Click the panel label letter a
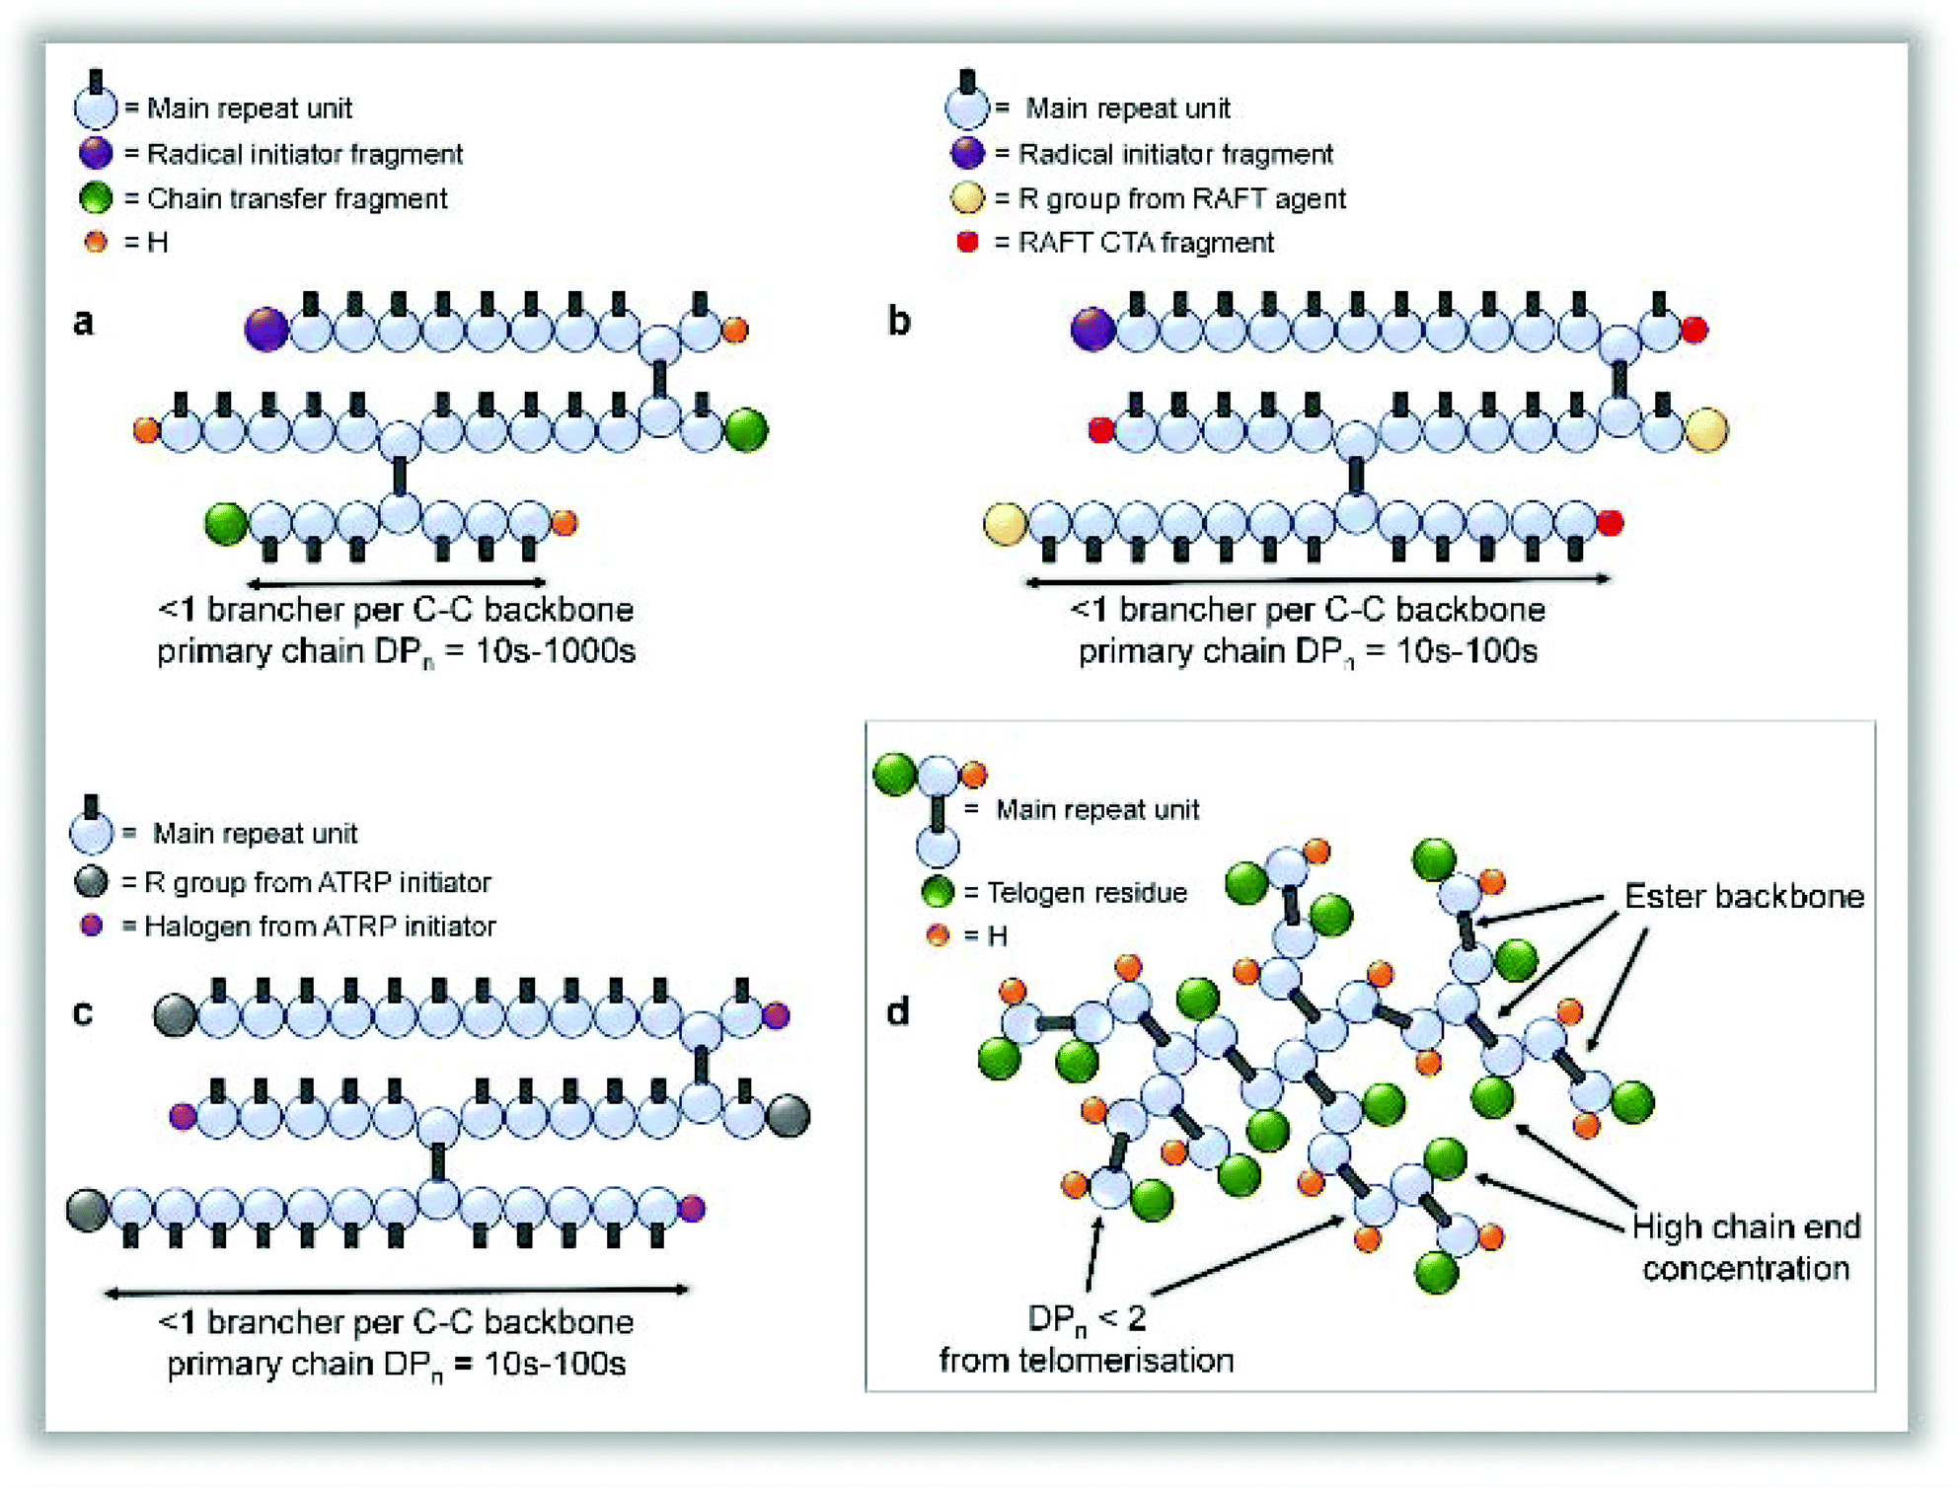coord(84,322)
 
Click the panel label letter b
coord(898,322)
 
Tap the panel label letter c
coord(83,1013)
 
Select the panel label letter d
coord(897,1012)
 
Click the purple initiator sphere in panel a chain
coord(265,330)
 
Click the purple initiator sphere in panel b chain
coord(1092,330)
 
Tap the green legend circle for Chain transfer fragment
coord(96,198)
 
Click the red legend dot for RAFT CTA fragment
coord(967,242)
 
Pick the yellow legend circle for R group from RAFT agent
coord(967,198)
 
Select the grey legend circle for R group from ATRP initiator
coord(92,881)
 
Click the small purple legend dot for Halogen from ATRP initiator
coord(92,926)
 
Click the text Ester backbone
coord(1744,896)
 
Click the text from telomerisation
coord(1086,1361)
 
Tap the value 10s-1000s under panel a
coord(556,651)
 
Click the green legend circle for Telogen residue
coord(938,892)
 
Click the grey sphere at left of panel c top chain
coord(175,1015)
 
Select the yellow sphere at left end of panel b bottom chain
coord(1005,524)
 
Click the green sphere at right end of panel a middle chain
coord(746,430)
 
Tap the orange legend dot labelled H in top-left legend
coord(96,242)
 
